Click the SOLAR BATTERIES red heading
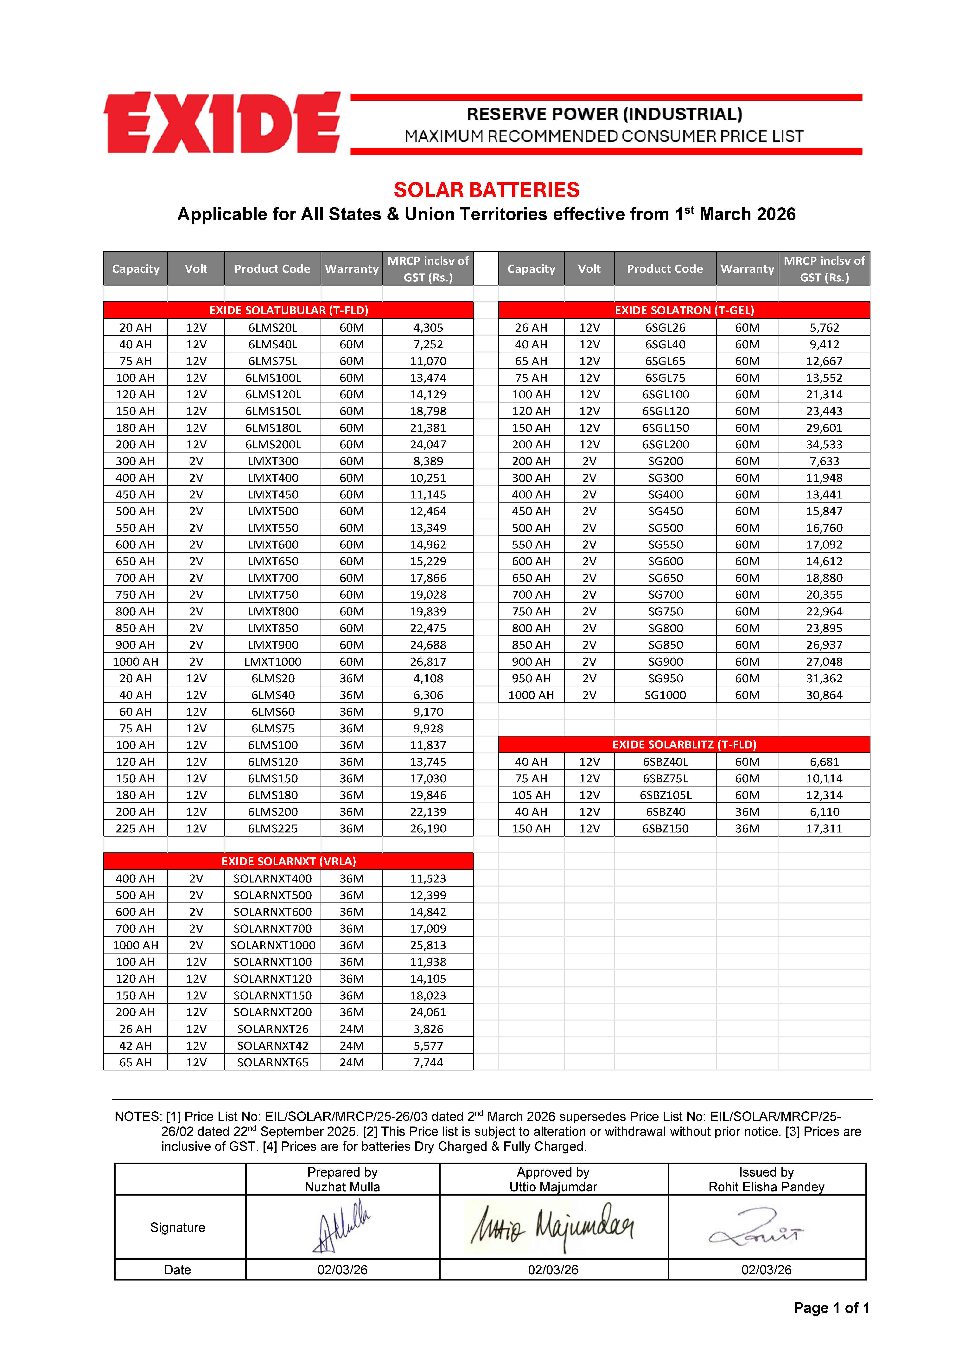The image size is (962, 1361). point(486,190)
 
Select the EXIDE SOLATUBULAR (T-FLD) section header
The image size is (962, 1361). point(289,310)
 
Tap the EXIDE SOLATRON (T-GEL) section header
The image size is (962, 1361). point(684,310)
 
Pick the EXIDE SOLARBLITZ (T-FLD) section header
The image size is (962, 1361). point(684,745)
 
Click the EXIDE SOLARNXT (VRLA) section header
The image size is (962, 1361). point(289,861)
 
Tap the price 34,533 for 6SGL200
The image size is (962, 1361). point(824,445)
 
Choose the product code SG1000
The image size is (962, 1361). point(665,695)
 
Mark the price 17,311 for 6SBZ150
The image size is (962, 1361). point(824,829)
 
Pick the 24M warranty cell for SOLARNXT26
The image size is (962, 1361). point(352,1029)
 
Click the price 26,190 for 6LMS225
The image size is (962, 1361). point(428,829)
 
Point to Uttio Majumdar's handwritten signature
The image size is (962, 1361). point(552,1226)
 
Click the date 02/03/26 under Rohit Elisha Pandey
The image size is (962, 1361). point(766,1270)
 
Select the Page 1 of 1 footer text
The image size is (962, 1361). point(831,1308)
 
